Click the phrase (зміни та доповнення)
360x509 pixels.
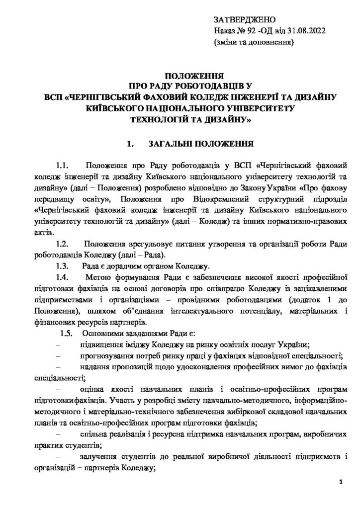254,42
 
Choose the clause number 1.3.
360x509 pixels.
65,265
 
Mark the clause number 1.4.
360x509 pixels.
65,276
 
